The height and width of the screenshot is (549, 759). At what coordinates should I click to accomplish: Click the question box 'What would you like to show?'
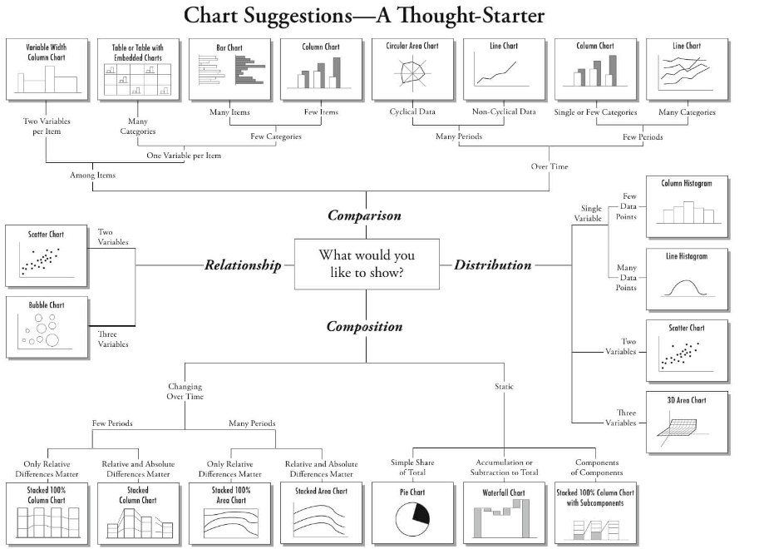click(367, 264)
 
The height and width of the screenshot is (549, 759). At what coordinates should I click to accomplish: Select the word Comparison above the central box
click(364, 215)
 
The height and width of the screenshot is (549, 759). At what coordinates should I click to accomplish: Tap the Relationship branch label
click(243, 265)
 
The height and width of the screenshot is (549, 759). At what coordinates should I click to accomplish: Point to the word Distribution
click(492, 265)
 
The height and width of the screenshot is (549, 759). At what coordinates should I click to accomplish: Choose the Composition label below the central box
click(364, 326)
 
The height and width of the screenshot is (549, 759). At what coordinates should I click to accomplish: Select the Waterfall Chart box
click(504, 512)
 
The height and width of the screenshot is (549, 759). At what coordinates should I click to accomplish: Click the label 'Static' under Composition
click(504, 387)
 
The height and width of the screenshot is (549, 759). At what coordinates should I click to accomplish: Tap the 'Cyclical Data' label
click(412, 112)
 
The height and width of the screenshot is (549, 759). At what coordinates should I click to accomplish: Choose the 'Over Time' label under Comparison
click(550, 166)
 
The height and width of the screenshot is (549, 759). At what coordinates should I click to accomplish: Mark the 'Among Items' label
click(93, 176)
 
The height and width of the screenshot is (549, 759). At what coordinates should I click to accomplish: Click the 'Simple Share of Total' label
click(412, 467)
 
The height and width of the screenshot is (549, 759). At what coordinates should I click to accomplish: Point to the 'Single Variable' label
click(591, 214)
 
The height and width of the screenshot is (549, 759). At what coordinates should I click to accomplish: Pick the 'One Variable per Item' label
click(184, 156)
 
